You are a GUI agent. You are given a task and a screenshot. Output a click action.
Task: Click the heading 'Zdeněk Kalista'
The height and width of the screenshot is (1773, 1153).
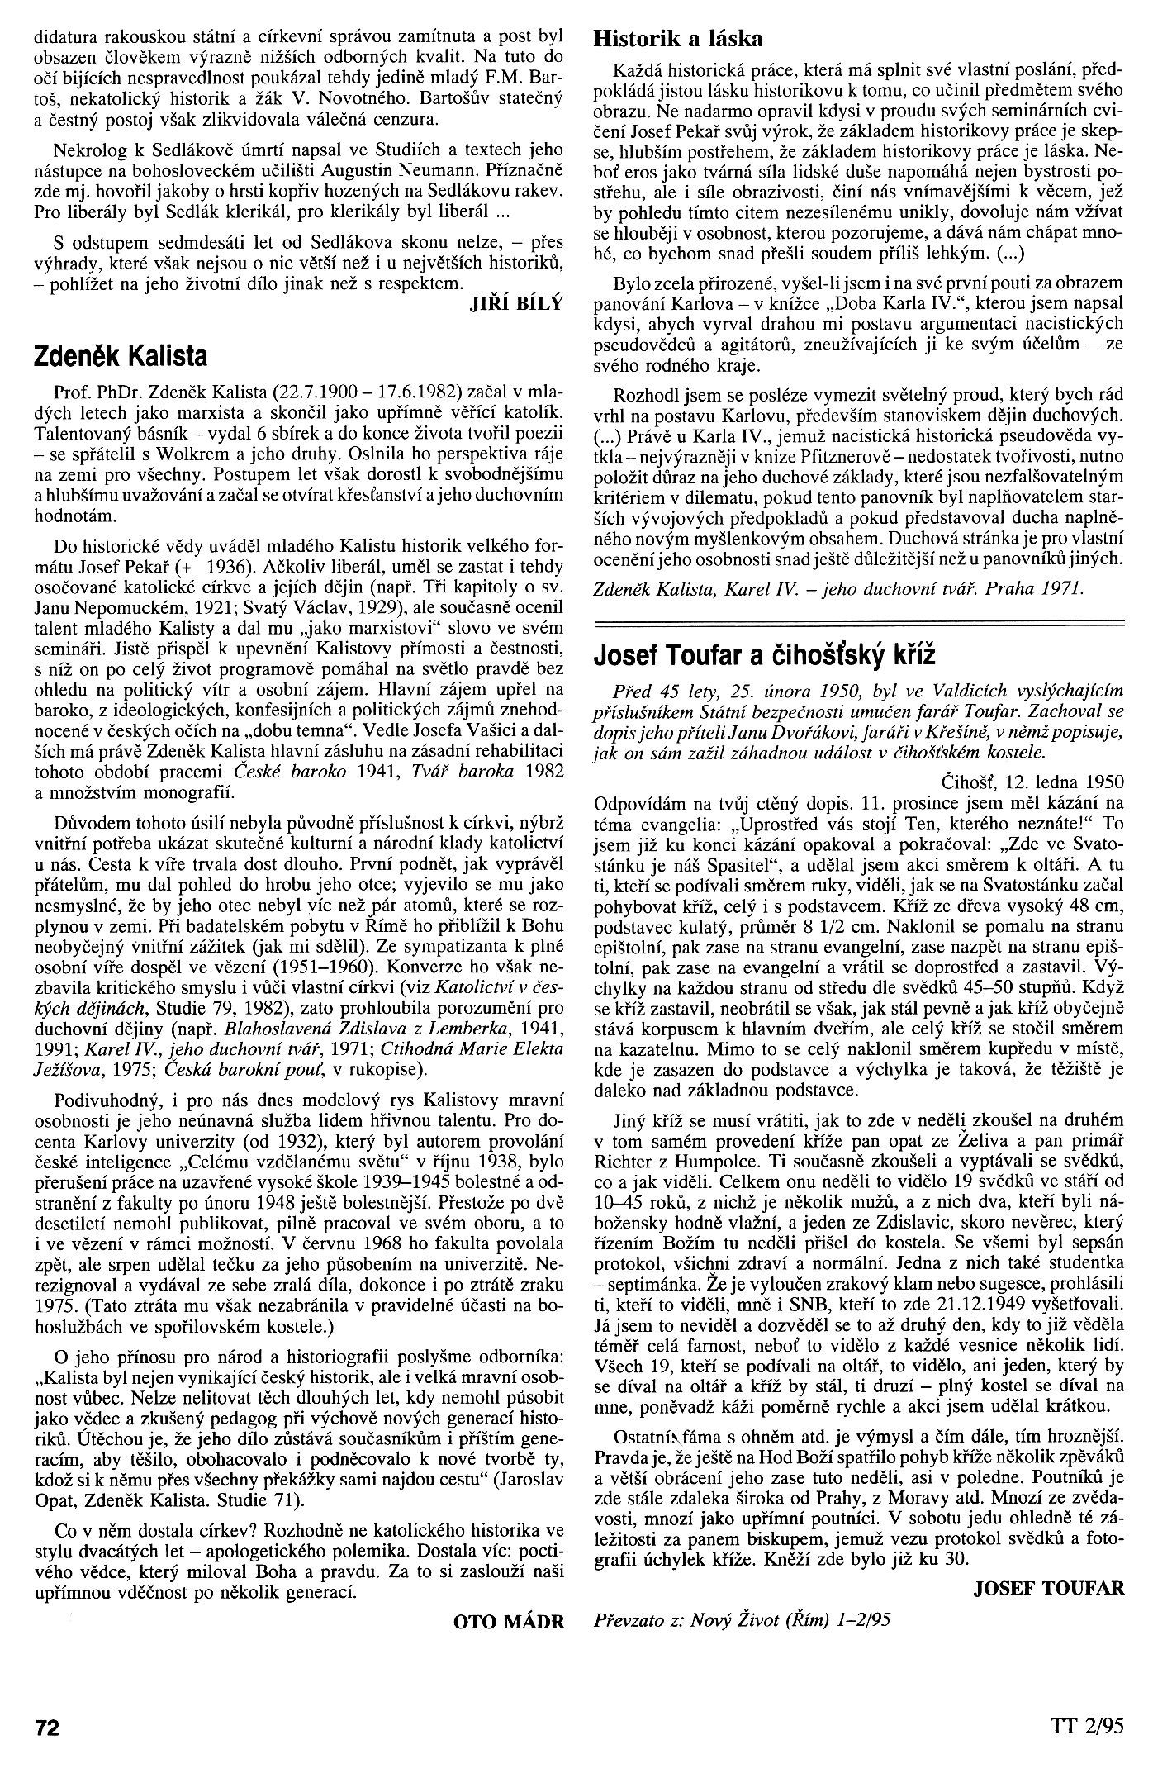pyautogui.click(x=120, y=356)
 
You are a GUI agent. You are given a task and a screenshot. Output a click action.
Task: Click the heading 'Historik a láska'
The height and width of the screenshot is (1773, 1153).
pyautogui.click(x=678, y=38)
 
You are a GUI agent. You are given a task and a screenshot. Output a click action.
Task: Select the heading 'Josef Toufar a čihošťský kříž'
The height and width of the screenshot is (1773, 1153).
pyautogui.click(x=764, y=655)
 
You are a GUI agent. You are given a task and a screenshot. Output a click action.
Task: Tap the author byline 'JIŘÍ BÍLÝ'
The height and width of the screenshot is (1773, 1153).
pyautogui.click(x=515, y=302)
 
